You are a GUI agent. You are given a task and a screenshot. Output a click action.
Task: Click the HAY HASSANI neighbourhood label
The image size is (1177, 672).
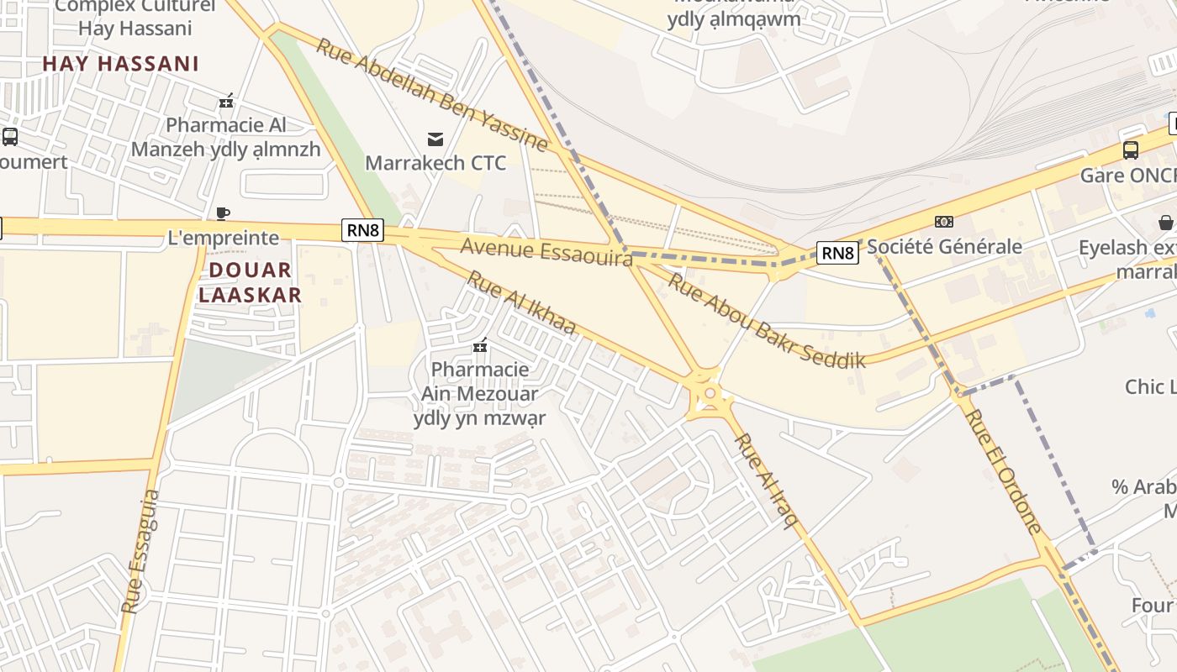[120, 64]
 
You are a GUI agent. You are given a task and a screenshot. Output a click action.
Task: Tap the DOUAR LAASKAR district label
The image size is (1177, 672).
[250, 282]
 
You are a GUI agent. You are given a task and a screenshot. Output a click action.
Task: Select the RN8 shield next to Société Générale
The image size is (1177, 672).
[837, 252]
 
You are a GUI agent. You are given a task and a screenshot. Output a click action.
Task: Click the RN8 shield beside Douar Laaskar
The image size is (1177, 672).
[362, 230]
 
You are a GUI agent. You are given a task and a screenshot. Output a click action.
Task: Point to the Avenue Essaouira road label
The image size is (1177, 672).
[546, 251]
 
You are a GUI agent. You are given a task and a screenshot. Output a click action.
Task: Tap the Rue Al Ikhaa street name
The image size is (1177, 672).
[521, 302]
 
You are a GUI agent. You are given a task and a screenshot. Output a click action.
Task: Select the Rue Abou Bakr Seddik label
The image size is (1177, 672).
[765, 321]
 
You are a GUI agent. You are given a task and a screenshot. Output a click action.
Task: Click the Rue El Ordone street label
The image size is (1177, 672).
[1003, 470]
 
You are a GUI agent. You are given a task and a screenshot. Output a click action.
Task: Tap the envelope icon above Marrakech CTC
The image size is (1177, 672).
[435, 139]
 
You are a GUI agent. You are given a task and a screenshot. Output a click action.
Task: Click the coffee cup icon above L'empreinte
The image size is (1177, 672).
[223, 213]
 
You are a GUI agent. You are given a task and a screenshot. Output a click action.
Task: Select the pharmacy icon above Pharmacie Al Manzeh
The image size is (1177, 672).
[225, 102]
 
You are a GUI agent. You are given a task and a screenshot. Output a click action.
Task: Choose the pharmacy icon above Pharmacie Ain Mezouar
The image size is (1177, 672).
[480, 345]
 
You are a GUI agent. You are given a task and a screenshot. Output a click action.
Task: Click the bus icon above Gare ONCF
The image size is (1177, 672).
[1131, 150]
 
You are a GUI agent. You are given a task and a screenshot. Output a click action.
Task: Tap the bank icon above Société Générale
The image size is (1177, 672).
[944, 222]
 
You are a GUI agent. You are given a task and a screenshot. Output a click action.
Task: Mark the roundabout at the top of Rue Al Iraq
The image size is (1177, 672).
[710, 393]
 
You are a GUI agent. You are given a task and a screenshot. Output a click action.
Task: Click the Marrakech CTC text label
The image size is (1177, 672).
[435, 162]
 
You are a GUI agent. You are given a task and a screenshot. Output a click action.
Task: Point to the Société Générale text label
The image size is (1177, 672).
[944, 246]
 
